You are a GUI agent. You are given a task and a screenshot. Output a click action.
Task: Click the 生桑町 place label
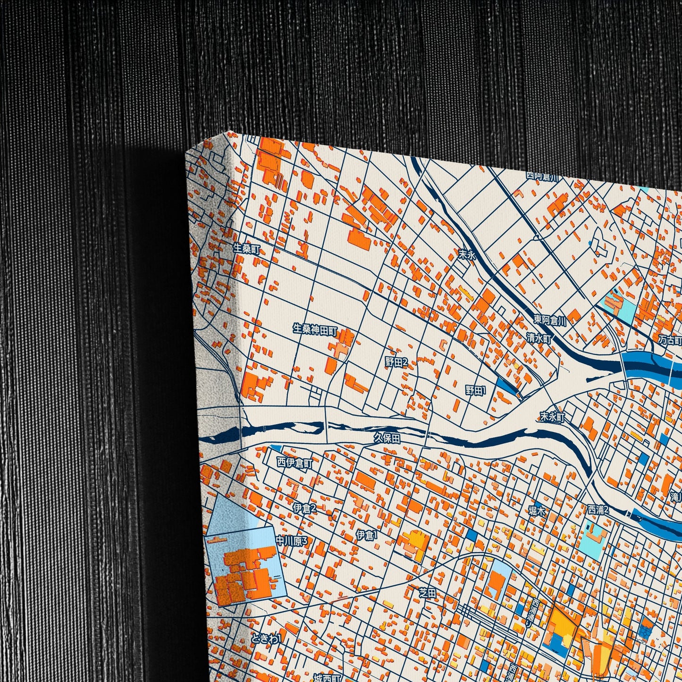point(246,248)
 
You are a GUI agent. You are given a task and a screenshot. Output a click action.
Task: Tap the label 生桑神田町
point(314,329)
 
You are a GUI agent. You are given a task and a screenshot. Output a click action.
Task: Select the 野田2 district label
point(396,362)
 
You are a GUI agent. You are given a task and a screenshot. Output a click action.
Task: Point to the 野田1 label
point(475,390)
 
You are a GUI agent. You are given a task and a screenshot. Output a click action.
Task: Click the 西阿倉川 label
point(543,176)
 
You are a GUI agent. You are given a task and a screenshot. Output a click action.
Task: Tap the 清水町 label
point(539,338)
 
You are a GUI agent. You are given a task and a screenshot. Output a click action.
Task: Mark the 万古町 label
point(671,340)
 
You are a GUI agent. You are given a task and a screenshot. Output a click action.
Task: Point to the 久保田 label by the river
point(387,438)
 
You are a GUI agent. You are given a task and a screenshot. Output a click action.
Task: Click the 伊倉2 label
point(304,508)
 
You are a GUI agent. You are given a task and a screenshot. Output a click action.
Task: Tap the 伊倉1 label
point(367,535)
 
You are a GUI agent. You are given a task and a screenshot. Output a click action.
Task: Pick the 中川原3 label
point(291,541)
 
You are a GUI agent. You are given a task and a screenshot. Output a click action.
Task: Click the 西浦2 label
point(598,510)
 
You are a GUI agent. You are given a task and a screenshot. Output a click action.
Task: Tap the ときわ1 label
point(266,639)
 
